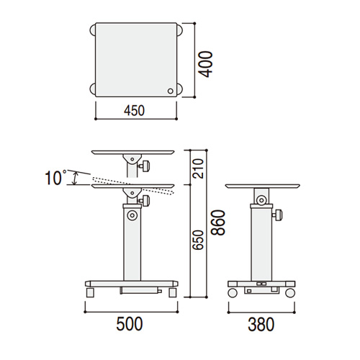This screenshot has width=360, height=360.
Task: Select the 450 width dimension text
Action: coord(134,111)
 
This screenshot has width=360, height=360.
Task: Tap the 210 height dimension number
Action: coord(199,168)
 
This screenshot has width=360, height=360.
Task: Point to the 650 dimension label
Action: coord(199,240)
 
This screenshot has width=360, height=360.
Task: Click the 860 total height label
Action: coord(218,222)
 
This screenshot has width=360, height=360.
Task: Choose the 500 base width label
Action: coord(130,324)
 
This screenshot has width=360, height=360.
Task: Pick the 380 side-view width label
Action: coord(261,324)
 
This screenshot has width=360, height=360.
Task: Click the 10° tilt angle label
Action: coord(55,177)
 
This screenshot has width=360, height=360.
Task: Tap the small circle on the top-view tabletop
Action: coord(170,91)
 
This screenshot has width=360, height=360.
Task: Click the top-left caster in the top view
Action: coord(93,30)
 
